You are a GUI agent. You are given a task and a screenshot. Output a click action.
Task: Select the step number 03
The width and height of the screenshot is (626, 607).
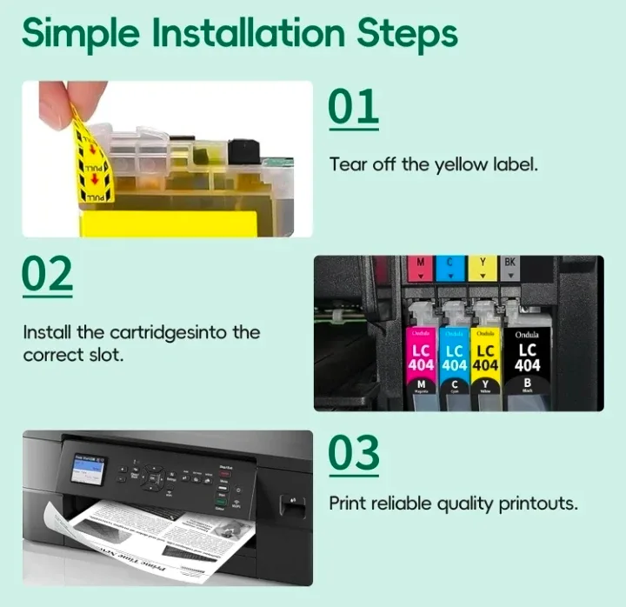[354, 454]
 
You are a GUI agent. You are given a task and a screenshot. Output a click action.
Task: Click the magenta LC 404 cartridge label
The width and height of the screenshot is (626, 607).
[422, 357]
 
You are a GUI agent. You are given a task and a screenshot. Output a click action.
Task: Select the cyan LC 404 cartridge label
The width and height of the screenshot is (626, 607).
[453, 357]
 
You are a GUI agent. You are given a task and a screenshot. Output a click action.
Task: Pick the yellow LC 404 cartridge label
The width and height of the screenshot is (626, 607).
[484, 357]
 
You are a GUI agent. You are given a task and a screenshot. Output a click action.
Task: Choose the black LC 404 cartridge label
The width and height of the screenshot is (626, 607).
[527, 357]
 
